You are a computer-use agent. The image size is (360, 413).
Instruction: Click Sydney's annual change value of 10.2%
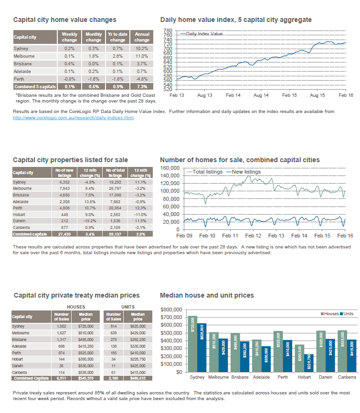[142, 49]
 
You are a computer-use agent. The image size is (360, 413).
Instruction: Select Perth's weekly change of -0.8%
[69, 79]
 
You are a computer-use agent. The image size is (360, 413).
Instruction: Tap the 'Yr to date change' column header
[117, 37]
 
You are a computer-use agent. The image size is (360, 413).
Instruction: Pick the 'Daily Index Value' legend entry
[204, 34]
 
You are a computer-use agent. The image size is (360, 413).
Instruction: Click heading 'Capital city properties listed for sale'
[70, 160]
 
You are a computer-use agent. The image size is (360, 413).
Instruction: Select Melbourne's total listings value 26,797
[116, 188]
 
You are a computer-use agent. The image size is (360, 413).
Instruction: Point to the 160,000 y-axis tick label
[169, 168]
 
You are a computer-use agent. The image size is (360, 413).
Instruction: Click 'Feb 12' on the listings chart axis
[254, 236]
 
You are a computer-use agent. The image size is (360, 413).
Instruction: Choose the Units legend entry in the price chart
[348, 314]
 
